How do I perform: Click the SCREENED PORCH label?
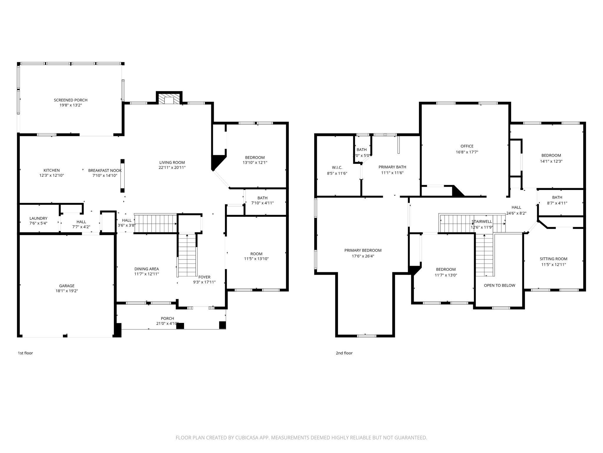[x=70, y=100]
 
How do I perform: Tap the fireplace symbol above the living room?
[x=169, y=99]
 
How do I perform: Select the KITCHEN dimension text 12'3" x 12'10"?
[x=52, y=175]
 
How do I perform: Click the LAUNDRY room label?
[x=38, y=218]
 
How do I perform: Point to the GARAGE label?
[x=67, y=286]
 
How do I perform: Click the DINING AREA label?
[x=147, y=269]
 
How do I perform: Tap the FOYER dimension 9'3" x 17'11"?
[x=204, y=282]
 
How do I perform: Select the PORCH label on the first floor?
[x=167, y=318]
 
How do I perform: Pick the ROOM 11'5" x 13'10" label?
[x=256, y=254]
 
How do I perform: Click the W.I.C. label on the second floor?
[x=337, y=168]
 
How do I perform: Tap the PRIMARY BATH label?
[x=392, y=167]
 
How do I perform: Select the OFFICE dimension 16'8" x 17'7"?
[x=467, y=152]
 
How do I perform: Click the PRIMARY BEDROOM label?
[x=363, y=250]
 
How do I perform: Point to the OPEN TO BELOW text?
[x=499, y=285]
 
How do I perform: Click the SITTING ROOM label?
[x=554, y=259]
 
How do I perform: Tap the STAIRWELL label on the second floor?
[x=482, y=221]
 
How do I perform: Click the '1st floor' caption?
[x=25, y=353]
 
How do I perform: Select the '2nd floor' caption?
[x=344, y=353]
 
